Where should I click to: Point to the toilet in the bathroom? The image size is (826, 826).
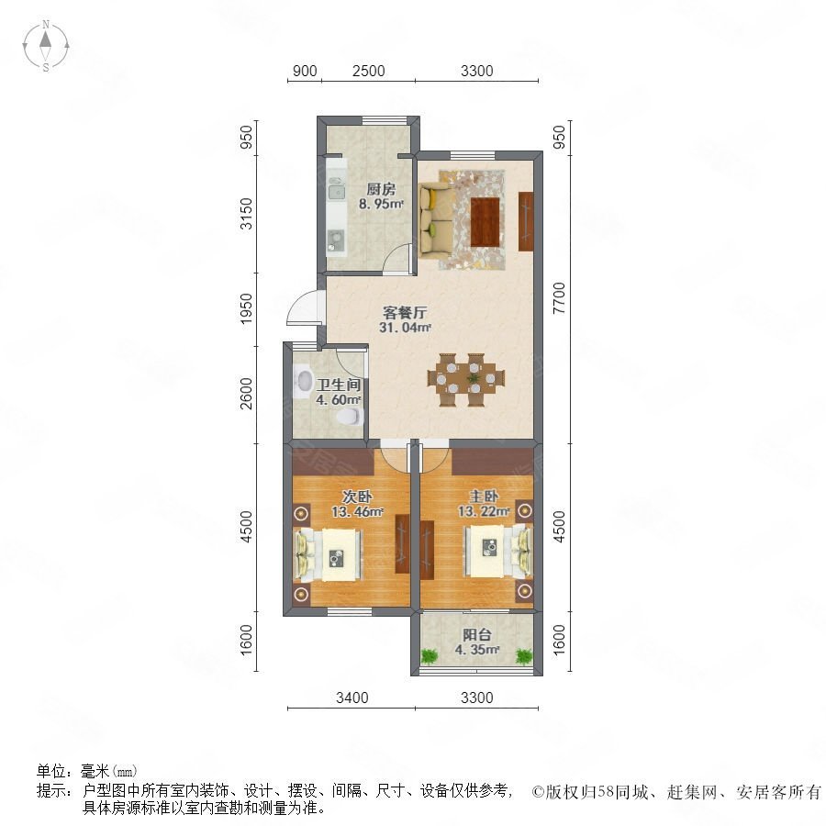pyautogui.click(x=346, y=418)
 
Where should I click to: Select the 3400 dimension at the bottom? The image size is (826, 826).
pyautogui.click(x=352, y=698)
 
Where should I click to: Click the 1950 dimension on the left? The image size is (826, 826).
pyautogui.click(x=246, y=308)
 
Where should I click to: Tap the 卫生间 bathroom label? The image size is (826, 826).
pyautogui.click(x=338, y=386)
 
